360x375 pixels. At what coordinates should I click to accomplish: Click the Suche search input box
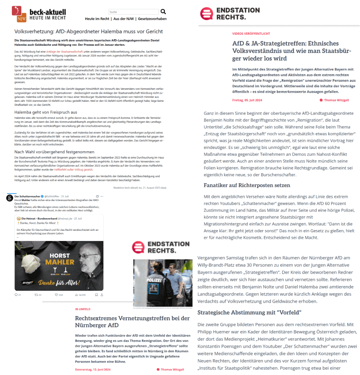[133, 12]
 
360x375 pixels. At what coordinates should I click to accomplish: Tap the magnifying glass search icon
[163, 12]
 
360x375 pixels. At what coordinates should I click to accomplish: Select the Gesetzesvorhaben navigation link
[153, 19]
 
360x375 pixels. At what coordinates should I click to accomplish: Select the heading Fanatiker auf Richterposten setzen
[247, 185]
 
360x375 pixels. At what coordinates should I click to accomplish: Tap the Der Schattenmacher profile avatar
[10, 198]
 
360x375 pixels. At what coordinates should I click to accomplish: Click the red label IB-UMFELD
[82, 309]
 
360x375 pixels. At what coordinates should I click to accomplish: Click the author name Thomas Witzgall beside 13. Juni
[172, 370]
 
